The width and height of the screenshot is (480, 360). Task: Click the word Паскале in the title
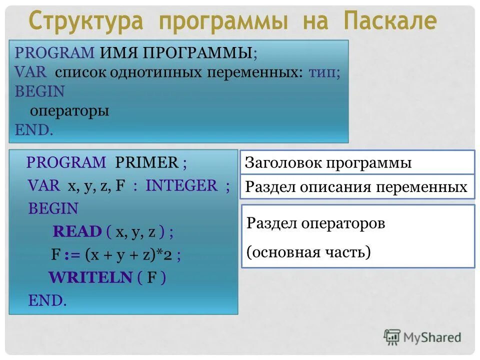pyautogui.click(x=390, y=21)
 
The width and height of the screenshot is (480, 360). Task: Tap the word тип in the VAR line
pyautogui.click(x=322, y=72)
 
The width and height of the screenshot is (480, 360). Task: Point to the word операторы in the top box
pyautogui.click(x=69, y=110)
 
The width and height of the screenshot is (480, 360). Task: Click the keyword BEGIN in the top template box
pyautogui.click(x=40, y=91)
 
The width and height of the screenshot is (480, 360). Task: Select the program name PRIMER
pyautogui.click(x=146, y=162)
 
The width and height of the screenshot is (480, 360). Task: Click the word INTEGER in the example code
pyautogui.click(x=181, y=185)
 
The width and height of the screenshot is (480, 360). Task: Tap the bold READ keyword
pyautogui.click(x=77, y=231)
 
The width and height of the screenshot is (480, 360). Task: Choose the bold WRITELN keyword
pyautogui.click(x=90, y=277)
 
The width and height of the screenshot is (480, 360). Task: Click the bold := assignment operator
pyautogui.click(x=72, y=254)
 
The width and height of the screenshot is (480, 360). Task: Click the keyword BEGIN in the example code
pyautogui.click(x=53, y=208)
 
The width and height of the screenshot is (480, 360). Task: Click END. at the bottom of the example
pyautogui.click(x=47, y=300)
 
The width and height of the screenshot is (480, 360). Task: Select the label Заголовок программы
pyautogui.click(x=328, y=163)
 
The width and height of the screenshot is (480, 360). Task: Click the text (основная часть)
pyautogui.click(x=308, y=252)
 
